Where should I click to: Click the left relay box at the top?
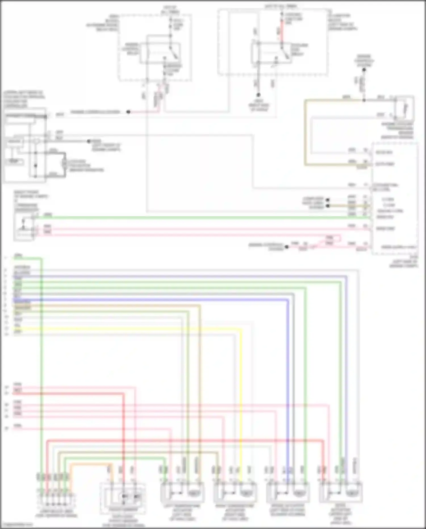point(160,53)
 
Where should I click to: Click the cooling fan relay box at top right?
point(271,53)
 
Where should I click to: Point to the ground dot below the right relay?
point(258,95)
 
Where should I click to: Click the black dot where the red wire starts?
point(128,112)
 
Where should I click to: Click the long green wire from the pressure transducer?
point(199,217)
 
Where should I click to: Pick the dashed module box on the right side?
point(395,199)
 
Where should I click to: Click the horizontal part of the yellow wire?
point(128,330)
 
